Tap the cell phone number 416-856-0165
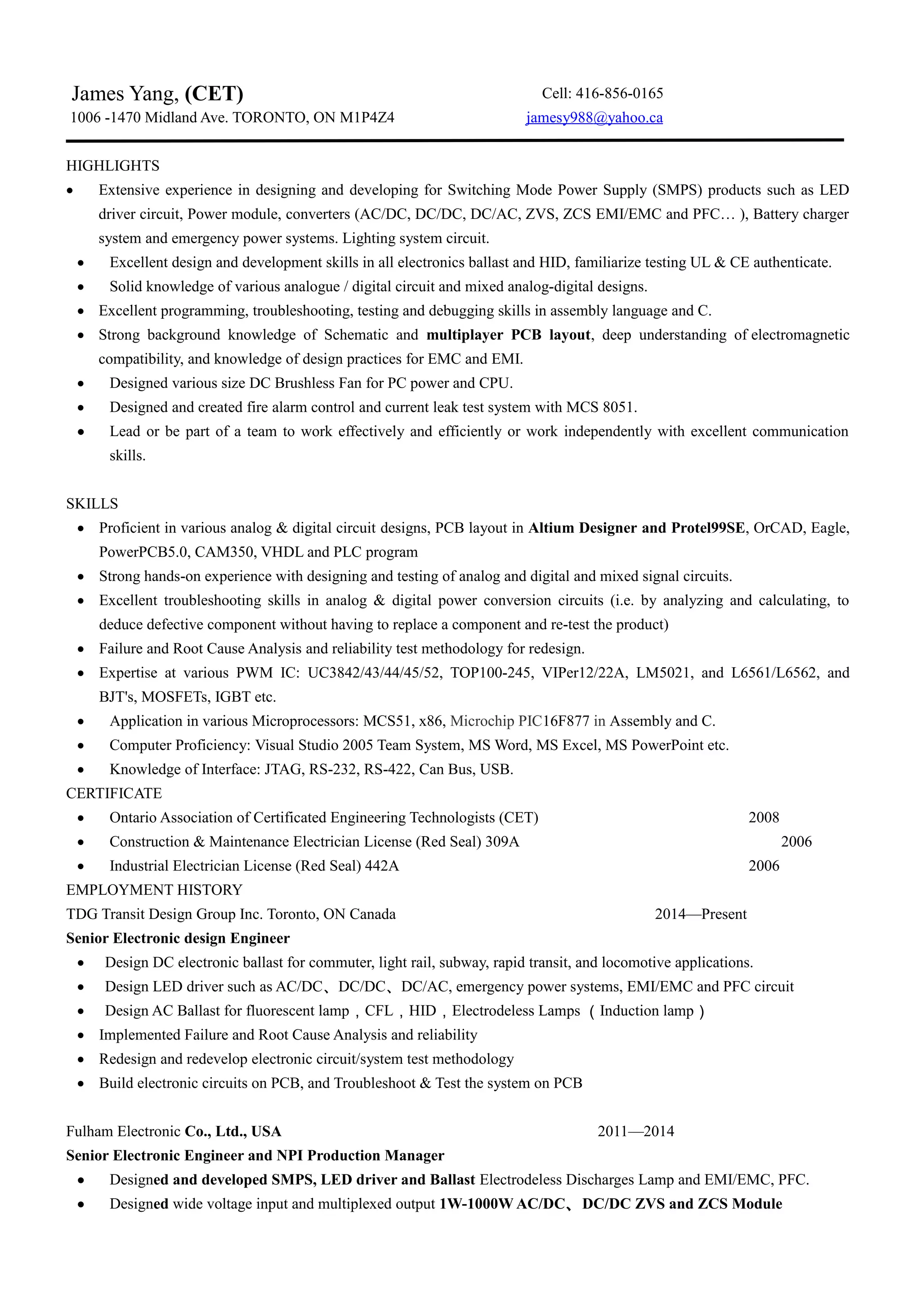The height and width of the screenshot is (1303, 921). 619,93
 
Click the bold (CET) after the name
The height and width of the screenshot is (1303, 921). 214,93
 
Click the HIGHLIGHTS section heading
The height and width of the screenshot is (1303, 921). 113,166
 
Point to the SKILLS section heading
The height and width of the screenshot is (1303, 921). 92,504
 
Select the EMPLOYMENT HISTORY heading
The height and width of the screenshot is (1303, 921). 154,889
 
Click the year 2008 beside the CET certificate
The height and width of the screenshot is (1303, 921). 763,817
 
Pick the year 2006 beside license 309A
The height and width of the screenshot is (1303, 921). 796,841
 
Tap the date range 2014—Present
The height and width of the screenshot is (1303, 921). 700,914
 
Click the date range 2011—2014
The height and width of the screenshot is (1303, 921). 635,1131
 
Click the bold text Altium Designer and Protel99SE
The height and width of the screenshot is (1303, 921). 637,528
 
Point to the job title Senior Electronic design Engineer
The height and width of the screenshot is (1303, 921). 178,938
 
